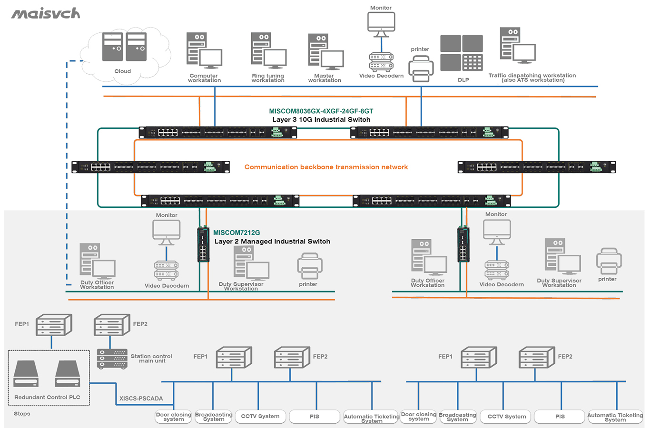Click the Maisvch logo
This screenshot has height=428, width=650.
[x=46, y=14]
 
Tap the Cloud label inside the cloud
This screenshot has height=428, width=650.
[x=122, y=71]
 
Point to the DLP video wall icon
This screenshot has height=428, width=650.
[x=462, y=53]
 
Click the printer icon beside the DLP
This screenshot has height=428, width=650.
[x=421, y=68]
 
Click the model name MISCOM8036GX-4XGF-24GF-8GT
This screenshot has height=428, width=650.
[x=321, y=111]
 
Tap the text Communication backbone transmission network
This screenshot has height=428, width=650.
[x=326, y=167]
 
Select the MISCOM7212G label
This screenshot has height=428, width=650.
[x=236, y=233]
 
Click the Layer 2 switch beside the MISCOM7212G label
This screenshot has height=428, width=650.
[x=203, y=244]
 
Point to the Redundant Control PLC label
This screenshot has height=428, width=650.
[x=47, y=397]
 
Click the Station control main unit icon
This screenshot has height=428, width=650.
[x=112, y=359]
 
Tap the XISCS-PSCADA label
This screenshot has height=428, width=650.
[x=141, y=399]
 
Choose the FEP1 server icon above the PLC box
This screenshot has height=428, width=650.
[x=54, y=325]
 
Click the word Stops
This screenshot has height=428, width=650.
[x=22, y=414]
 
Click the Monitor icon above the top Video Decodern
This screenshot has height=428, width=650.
[x=381, y=24]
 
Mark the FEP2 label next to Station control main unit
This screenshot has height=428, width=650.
[x=140, y=324]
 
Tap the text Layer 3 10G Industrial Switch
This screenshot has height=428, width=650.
[x=321, y=119]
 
